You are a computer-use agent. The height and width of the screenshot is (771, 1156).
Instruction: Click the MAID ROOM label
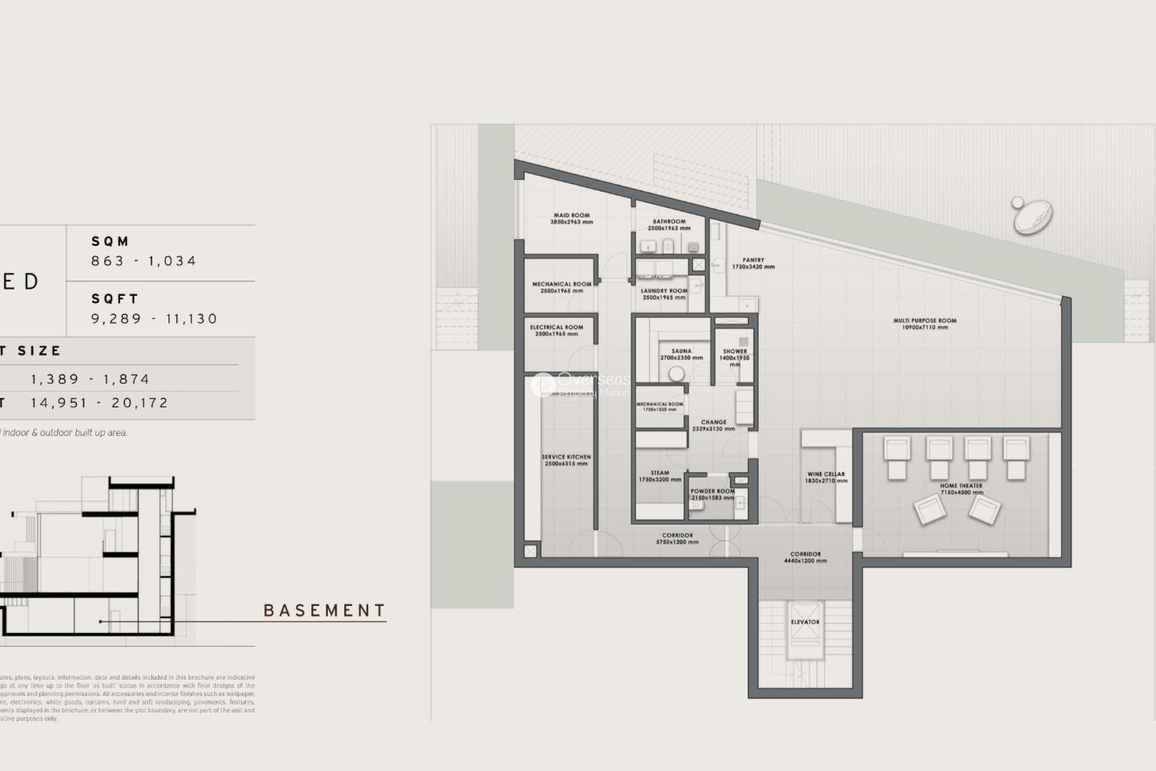(x=571, y=218)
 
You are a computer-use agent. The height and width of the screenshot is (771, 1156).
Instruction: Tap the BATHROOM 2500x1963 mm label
(x=669, y=225)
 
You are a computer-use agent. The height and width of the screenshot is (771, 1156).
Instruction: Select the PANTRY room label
(x=753, y=263)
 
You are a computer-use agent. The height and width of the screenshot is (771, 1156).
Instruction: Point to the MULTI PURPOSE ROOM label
(x=925, y=324)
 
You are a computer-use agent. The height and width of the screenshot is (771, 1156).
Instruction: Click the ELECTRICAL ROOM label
(x=556, y=330)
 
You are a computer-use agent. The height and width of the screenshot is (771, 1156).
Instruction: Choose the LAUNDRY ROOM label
(x=663, y=294)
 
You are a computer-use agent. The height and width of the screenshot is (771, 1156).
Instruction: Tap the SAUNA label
(x=681, y=354)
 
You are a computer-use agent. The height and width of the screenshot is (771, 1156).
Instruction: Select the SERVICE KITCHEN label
(x=566, y=460)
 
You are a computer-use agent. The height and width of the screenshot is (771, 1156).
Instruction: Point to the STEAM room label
(x=660, y=476)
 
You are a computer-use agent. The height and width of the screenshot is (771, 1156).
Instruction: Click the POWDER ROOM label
(x=712, y=495)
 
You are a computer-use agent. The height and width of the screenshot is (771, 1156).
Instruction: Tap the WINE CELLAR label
(x=826, y=478)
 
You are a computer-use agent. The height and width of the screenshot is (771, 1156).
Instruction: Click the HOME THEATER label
(x=961, y=489)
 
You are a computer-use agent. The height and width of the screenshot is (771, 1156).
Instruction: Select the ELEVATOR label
(x=805, y=622)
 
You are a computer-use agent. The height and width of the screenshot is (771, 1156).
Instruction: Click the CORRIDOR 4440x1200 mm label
(x=805, y=557)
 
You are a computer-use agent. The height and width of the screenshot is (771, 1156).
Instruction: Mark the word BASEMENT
(x=325, y=611)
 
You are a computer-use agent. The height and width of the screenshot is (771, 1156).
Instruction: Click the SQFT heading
(x=115, y=299)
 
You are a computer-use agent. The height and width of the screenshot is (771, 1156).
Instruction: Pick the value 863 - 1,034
(x=144, y=261)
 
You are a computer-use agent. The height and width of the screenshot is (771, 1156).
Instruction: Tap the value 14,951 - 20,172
(x=99, y=403)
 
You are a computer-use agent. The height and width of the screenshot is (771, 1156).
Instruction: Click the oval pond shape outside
(x=1033, y=216)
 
